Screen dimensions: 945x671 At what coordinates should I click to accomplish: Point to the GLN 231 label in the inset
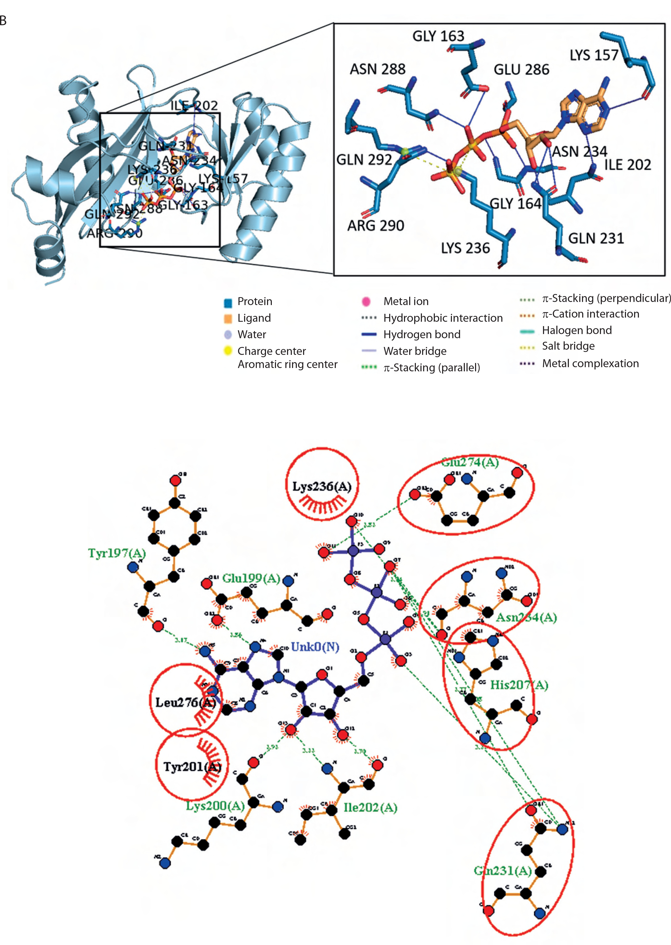(596, 239)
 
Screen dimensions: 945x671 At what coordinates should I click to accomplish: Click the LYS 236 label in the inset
(465, 248)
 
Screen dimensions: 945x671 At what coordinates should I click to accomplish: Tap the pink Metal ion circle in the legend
(366, 302)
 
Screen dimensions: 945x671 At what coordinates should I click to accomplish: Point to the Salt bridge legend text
(568, 346)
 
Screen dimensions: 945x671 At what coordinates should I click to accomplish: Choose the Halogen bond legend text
(577, 330)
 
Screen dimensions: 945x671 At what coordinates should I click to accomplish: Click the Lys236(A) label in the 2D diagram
(322, 487)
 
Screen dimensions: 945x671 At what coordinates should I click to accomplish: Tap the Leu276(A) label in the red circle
(185, 702)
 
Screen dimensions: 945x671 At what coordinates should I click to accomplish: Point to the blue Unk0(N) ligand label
(315, 647)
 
